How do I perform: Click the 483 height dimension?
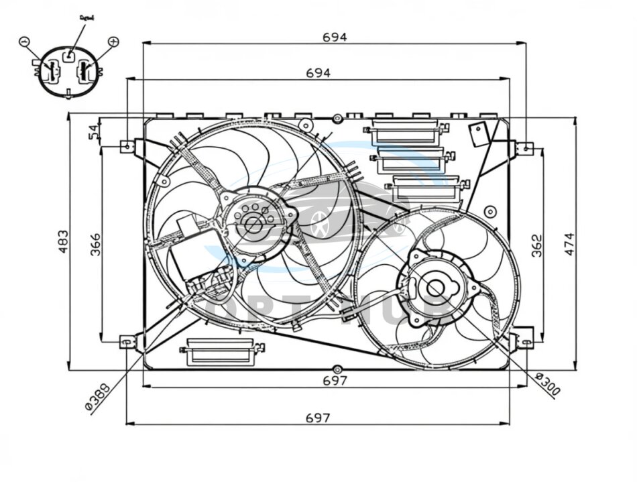(x=62, y=241)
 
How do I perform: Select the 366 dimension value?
(x=95, y=243)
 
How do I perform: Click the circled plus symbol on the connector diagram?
(x=113, y=42)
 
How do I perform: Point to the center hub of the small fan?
(x=436, y=289)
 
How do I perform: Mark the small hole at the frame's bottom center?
(x=337, y=369)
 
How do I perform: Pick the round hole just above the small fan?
(x=490, y=212)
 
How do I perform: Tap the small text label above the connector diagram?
(x=86, y=17)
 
